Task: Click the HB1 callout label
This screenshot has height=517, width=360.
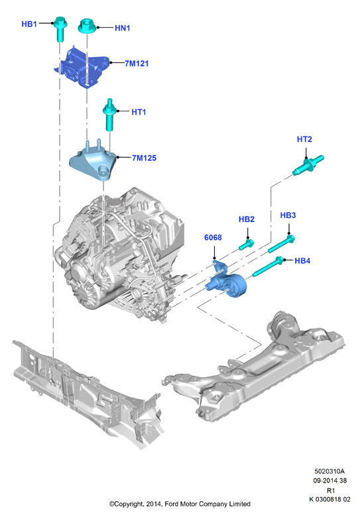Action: (x=29, y=24)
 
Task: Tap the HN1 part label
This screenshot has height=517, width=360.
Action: (x=122, y=29)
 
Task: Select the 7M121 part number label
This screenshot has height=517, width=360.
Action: (x=137, y=64)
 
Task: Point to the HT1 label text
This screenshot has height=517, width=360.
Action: (x=139, y=112)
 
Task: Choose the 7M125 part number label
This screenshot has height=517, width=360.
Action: (x=144, y=158)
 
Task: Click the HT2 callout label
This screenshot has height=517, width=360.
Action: (x=304, y=139)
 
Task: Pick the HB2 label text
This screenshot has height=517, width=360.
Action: (x=247, y=219)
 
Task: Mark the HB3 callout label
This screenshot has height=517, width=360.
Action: (x=288, y=215)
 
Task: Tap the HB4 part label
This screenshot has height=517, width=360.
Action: (x=302, y=260)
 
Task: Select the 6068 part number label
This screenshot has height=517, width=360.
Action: (x=213, y=237)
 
